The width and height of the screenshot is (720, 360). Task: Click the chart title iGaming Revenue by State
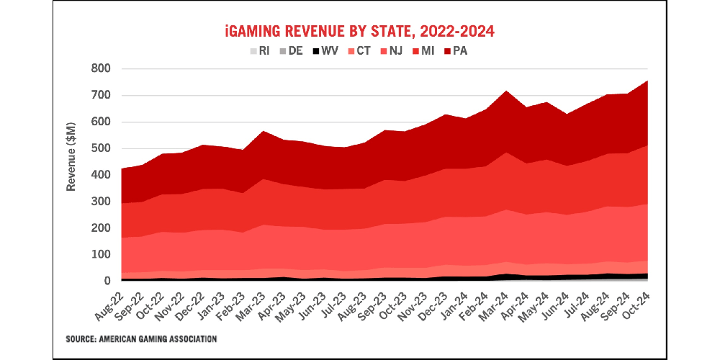[x=360, y=32]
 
